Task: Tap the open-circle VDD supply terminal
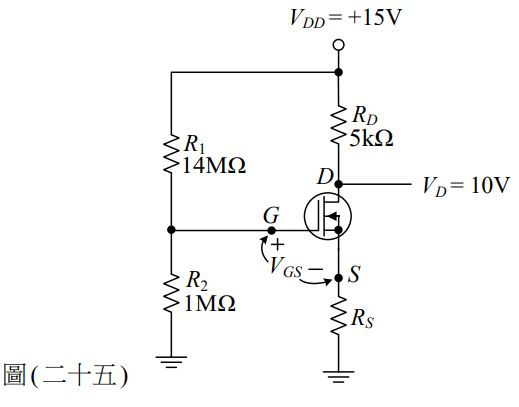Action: (x=338, y=45)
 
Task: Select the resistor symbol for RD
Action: (x=338, y=128)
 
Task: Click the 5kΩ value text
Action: (x=371, y=141)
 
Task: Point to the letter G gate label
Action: (x=270, y=215)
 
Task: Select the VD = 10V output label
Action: (x=466, y=185)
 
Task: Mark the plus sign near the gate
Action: (x=278, y=244)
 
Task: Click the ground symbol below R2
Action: (x=172, y=361)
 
